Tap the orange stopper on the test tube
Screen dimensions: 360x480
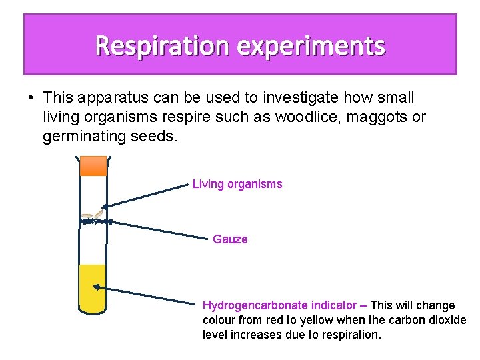coord(93,166)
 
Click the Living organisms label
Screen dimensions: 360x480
coord(237,184)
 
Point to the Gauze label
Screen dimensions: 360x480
coord(230,239)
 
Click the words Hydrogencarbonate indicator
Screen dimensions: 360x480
coord(279,305)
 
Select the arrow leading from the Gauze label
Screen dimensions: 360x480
coord(157,229)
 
